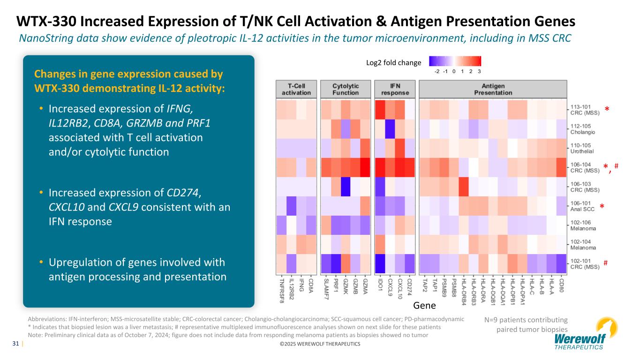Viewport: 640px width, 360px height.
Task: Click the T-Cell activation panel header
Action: click(x=296, y=90)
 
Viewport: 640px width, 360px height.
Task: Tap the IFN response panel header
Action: click(x=394, y=90)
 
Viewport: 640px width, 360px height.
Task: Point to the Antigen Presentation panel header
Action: click(x=493, y=90)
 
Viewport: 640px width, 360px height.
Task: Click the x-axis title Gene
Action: click(x=425, y=306)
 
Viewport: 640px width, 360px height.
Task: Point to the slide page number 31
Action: click(x=15, y=344)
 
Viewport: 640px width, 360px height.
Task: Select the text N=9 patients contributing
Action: click(x=526, y=320)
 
